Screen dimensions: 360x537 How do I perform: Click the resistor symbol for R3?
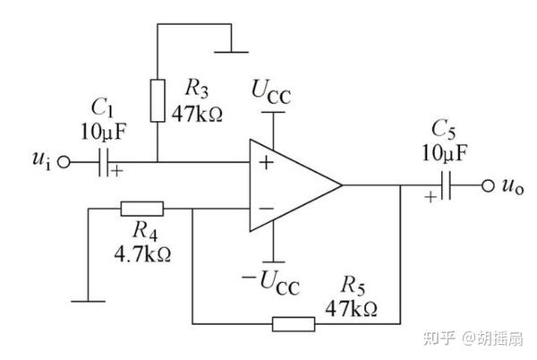(158, 100)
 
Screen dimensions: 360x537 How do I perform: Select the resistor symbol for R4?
(142, 209)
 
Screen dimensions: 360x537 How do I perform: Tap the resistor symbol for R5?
(293, 322)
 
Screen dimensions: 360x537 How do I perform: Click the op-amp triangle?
(291, 186)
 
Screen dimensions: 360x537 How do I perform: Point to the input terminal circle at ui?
(63, 163)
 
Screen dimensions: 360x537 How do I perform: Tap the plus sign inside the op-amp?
(265, 163)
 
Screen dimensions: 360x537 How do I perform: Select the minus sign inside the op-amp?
(265, 209)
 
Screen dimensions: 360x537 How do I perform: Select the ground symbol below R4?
(89, 301)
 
